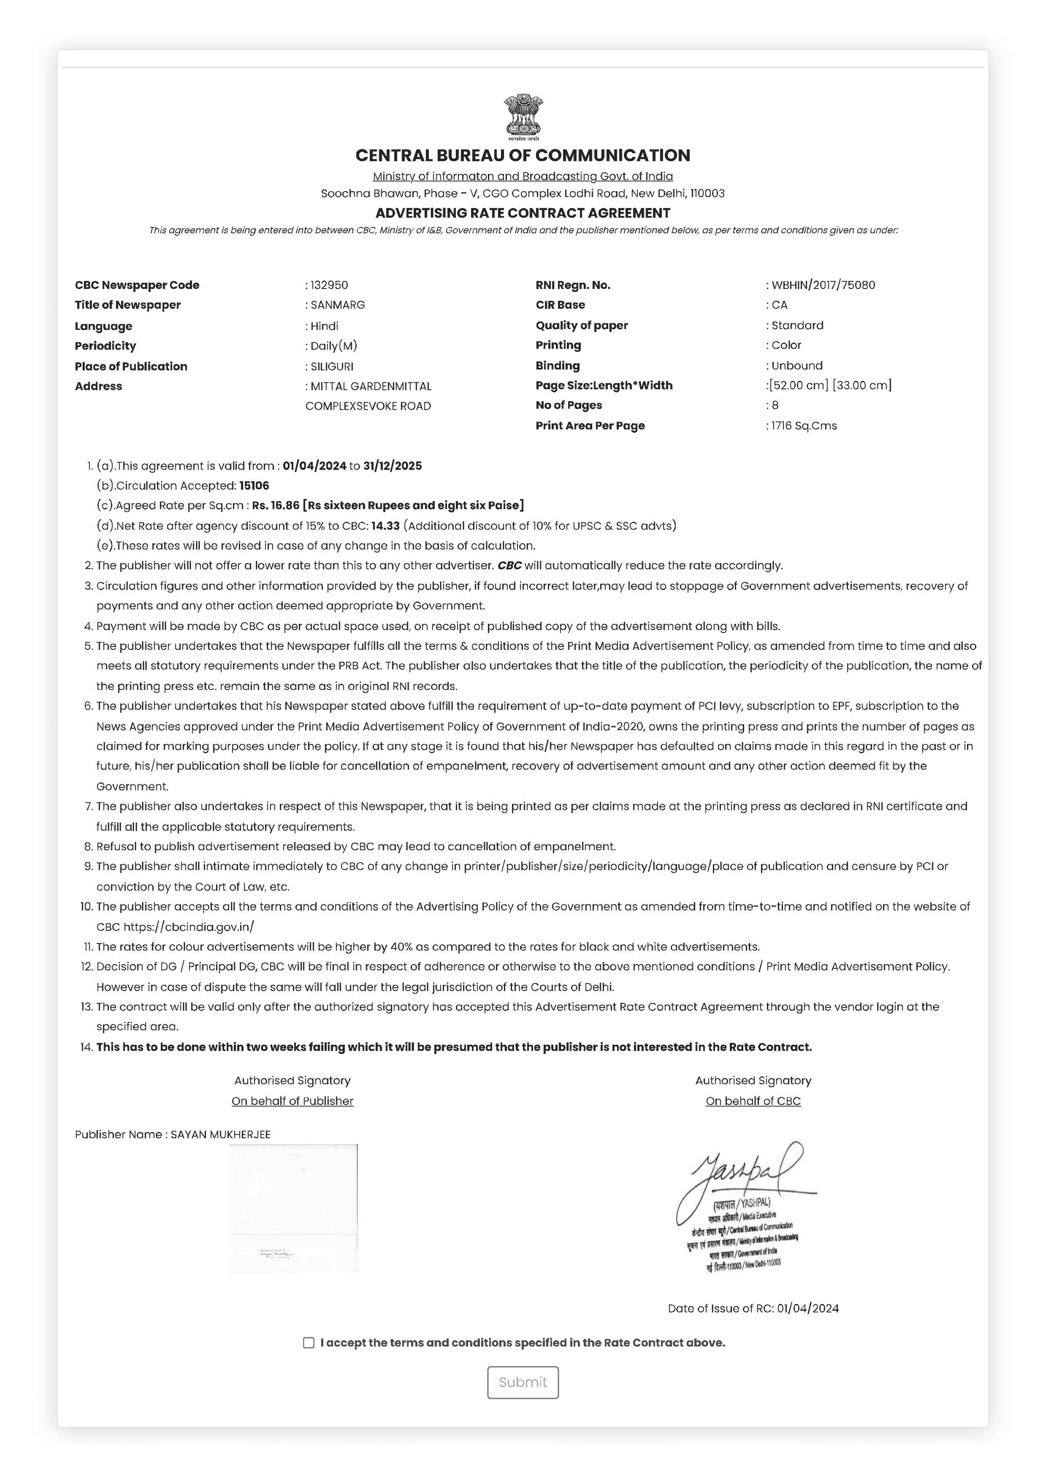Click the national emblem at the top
523,117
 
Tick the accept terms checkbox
308,1342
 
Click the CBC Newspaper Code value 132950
329,285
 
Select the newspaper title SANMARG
338,305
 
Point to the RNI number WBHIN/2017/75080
823,285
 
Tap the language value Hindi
324,326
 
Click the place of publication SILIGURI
332,366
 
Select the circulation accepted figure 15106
255,485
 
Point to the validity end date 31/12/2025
392,465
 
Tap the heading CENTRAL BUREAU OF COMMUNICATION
523,155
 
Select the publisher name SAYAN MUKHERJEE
220,1134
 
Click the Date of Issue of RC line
753,1308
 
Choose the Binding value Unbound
797,365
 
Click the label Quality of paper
581,325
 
